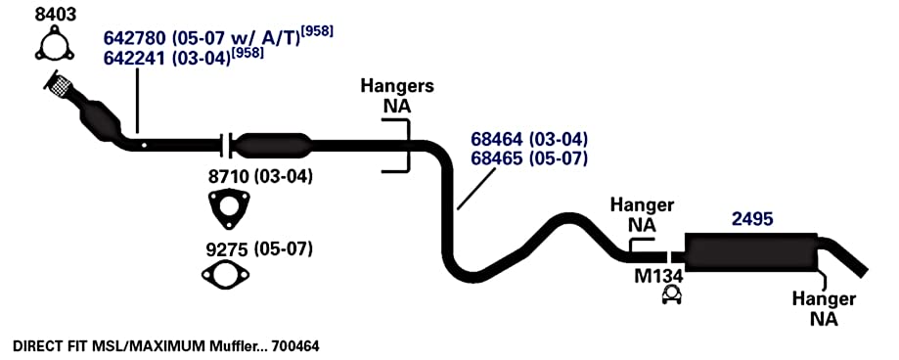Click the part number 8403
(x=55, y=15)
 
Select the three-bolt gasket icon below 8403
(x=55, y=46)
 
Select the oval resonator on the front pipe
(x=274, y=145)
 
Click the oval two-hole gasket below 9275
(x=225, y=274)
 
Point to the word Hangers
(x=397, y=86)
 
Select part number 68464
(x=498, y=139)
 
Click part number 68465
(x=498, y=158)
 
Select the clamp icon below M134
(x=671, y=295)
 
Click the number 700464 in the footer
(x=295, y=346)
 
